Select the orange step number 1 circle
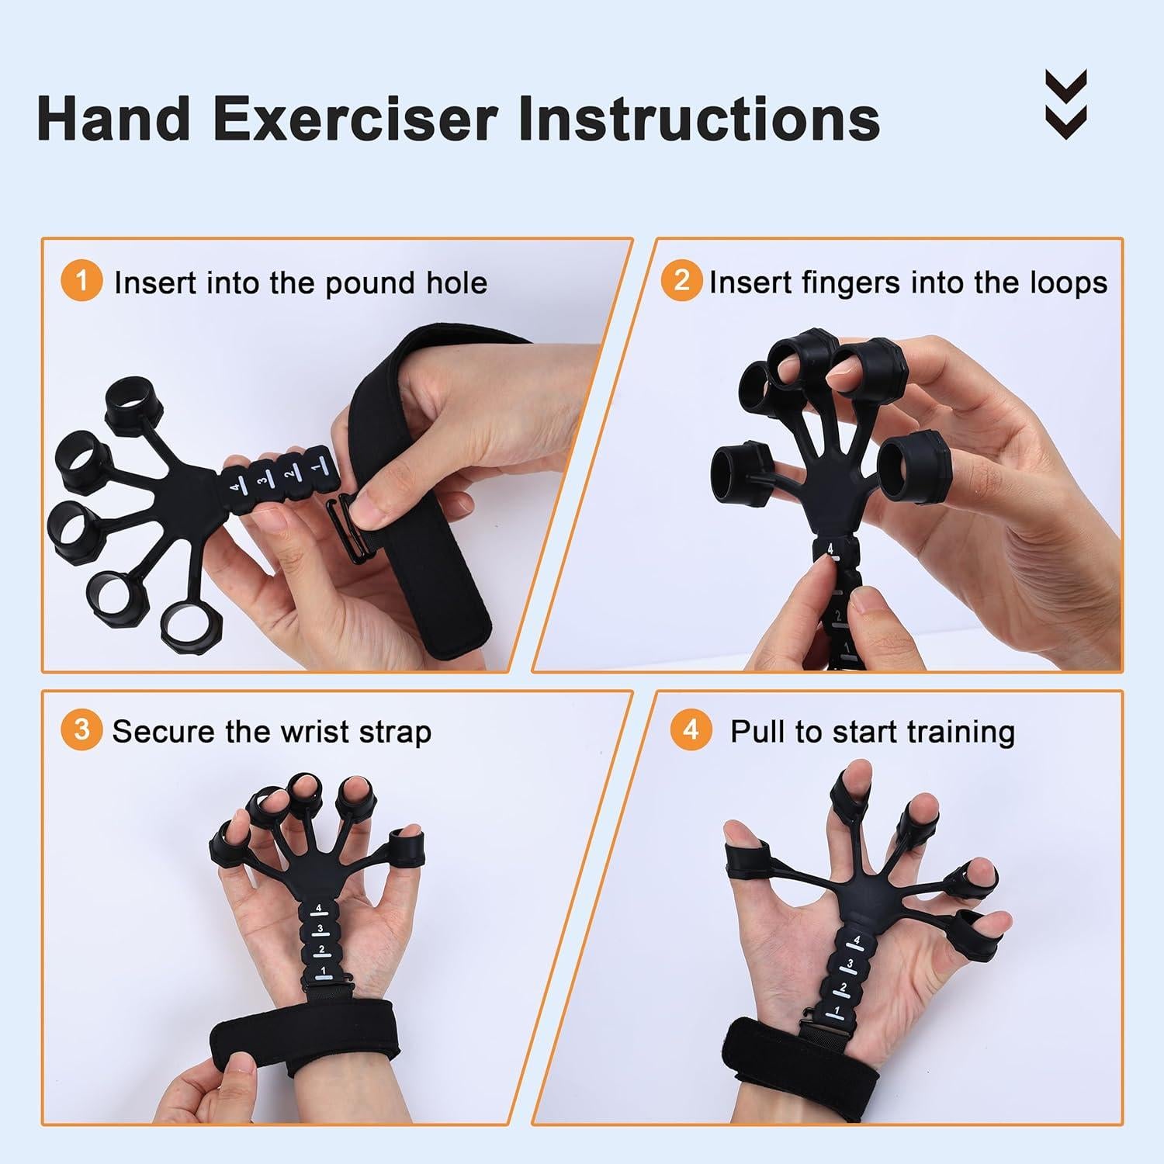coord(81,280)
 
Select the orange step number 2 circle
coord(681,280)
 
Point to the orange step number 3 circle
coord(81,730)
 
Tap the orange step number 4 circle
coord(691,730)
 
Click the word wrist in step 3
coord(320,732)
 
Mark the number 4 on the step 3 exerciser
coord(317,909)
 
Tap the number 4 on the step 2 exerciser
coord(830,550)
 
